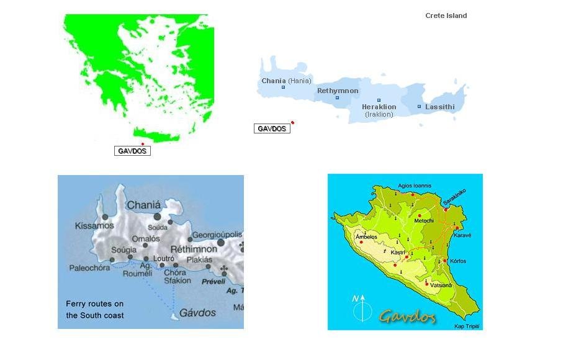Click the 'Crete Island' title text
tap(446, 16)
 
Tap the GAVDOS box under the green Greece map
tap(132, 151)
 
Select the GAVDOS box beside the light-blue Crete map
tap(272, 128)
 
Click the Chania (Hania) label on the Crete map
tap(286, 81)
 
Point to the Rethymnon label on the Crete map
tap(338, 91)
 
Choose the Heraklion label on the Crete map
tap(379, 107)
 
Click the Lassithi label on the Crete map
tap(439, 107)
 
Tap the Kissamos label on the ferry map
tap(94, 226)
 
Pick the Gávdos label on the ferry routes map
tap(197, 313)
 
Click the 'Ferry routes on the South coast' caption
tap(95, 310)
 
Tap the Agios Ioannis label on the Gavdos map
tap(414, 185)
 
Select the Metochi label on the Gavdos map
tap(424, 220)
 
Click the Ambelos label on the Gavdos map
tap(366, 236)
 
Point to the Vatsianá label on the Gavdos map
tap(441, 285)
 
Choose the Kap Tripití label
tap(467, 326)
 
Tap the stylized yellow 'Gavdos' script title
tap(407, 316)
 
